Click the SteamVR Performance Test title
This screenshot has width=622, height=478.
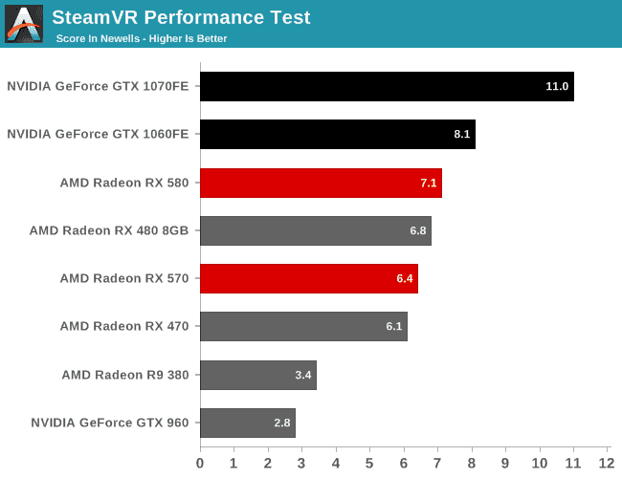point(181,17)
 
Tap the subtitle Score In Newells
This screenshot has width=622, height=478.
point(98,38)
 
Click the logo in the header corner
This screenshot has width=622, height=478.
point(24,23)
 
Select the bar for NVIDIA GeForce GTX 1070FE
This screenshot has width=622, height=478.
point(387,86)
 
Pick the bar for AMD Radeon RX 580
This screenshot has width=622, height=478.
point(321,183)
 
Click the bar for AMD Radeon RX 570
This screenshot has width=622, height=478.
point(309,278)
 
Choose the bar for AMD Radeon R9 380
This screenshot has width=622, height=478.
point(258,375)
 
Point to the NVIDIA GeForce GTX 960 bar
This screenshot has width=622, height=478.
point(248,423)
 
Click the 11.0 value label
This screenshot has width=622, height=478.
point(557,86)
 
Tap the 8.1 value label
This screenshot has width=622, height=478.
point(462,134)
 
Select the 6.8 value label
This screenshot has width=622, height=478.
point(418,230)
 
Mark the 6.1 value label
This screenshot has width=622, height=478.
point(394,326)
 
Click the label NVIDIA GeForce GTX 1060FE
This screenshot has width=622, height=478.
point(98,134)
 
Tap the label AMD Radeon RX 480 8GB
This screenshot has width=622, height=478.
point(109,230)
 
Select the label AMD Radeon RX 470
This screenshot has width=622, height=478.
point(124,326)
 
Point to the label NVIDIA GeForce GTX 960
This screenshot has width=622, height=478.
point(110,423)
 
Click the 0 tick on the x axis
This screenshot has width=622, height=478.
point(200,463)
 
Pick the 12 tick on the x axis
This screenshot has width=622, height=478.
point(607,463)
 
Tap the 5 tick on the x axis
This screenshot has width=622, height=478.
point(369,463)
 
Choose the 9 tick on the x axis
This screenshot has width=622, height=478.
point(505,463)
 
